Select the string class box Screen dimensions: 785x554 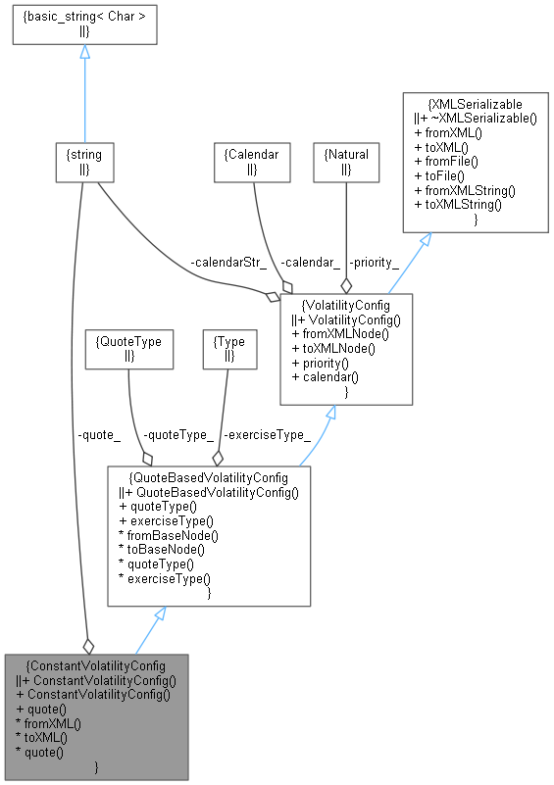pos(86,162)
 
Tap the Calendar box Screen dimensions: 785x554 pos(253,162)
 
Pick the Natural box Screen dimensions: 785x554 pos(345,162)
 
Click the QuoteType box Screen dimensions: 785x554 pos(128,349)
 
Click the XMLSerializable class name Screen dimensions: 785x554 pos(476,103)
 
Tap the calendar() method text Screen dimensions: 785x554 pos(327,377)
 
